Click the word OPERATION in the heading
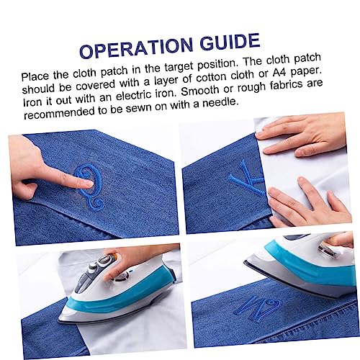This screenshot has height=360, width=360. (x=136, y=48)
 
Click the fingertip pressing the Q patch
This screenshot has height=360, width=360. (x=89, y=184)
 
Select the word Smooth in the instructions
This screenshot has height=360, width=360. (x=200, y=91)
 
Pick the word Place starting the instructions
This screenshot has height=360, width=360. (x=35, y=76)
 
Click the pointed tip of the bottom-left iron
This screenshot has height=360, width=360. (x=59, y=320)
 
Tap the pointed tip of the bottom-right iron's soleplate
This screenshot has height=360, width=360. (x=245, y=262)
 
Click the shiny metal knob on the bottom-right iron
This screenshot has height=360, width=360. (x=326, y=249)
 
